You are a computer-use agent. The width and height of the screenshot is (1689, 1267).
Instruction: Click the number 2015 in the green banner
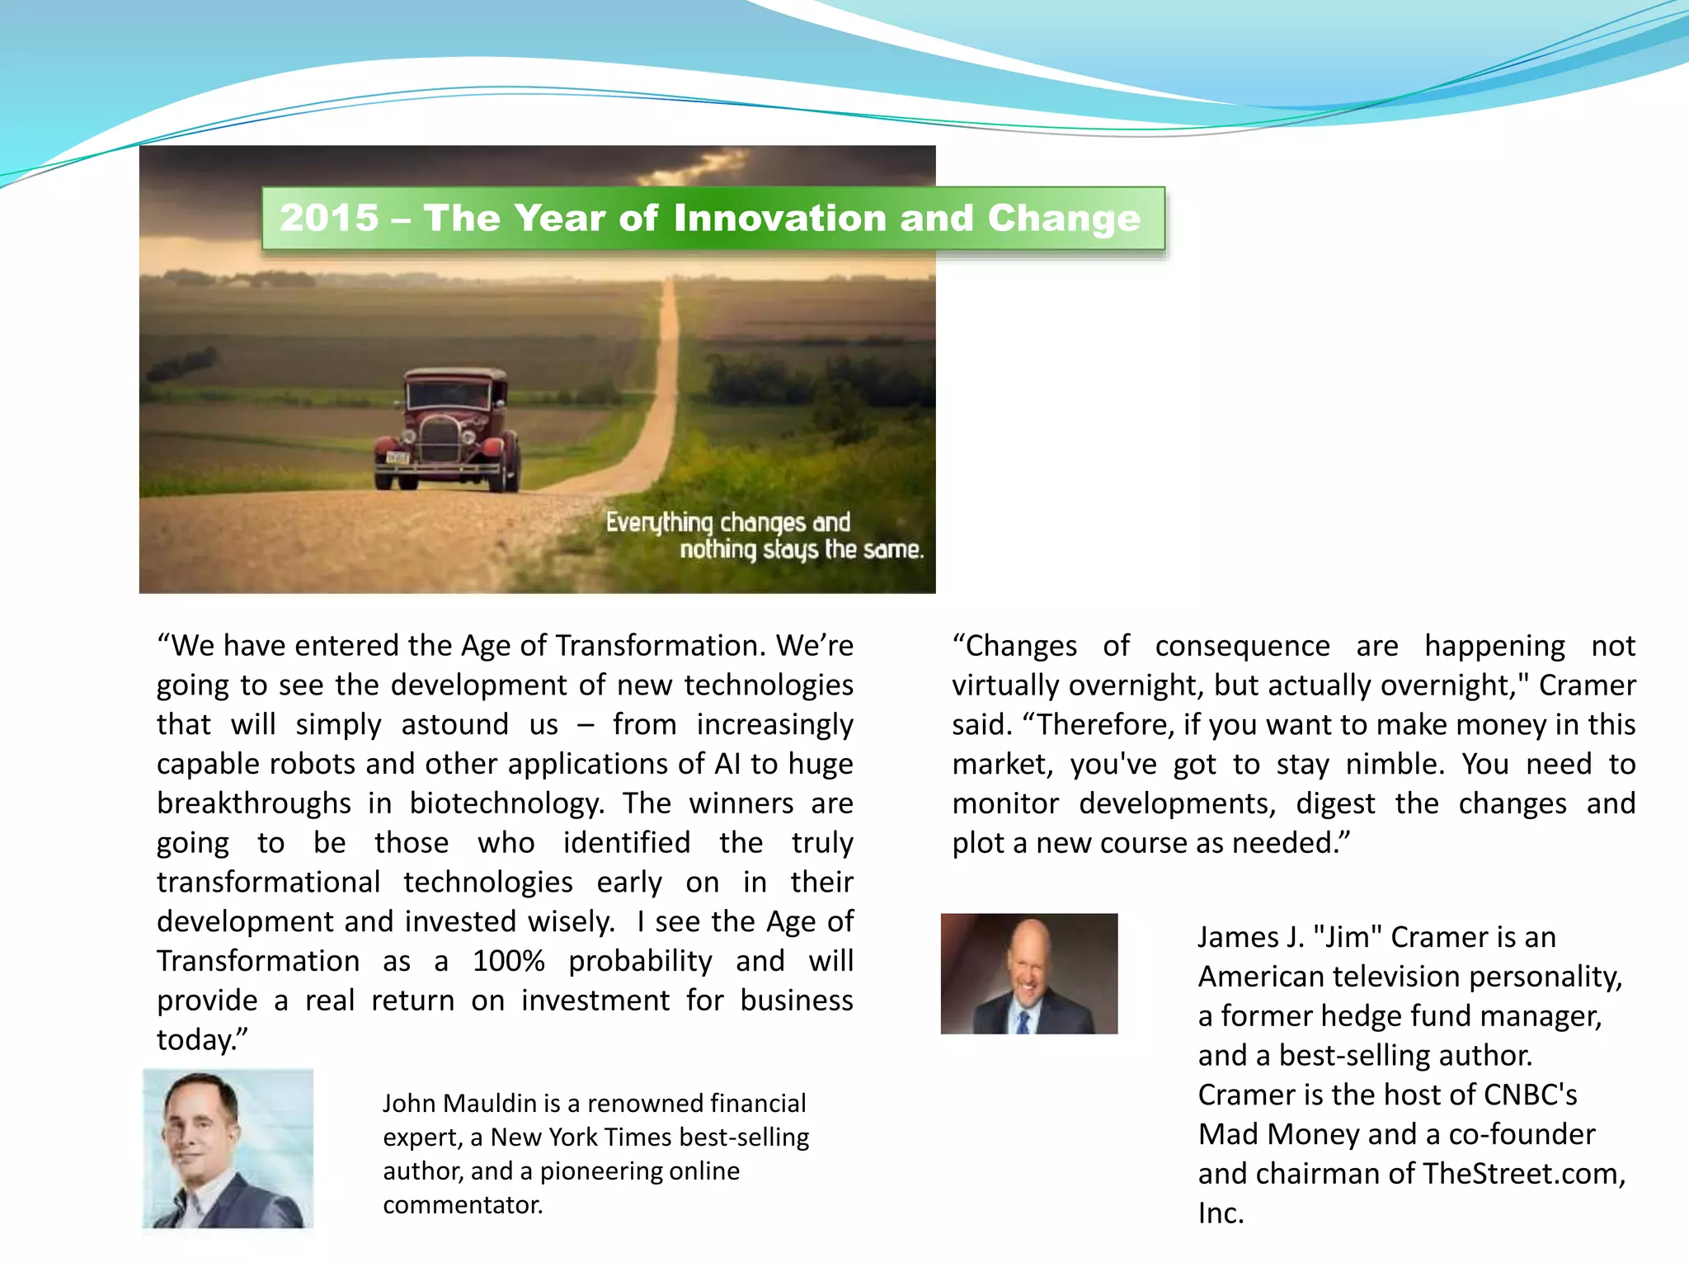pyautogui.click(x=329, y=218)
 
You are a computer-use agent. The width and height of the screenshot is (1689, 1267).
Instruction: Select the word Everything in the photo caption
pyautogui.click(x=659, y=523)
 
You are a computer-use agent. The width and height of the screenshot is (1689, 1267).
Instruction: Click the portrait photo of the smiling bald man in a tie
pyautogui.click(x=1028, y=973)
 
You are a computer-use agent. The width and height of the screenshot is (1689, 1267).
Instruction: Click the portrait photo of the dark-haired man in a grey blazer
pyautogui.click(x=228, y=1148)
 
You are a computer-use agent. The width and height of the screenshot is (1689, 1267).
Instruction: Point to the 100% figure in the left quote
pyautogui.click(x=508, y=961)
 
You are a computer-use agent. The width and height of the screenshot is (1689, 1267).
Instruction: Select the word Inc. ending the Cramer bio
pyautogui.click(x=1221, y=1213)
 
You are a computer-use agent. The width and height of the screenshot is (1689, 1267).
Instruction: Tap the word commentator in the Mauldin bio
pyautogui.click(x=462, y=1205)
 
